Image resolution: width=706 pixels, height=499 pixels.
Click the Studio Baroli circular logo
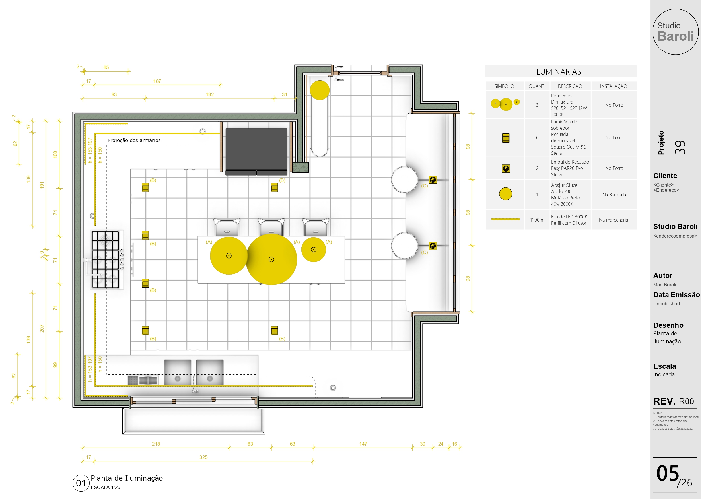pos(675,32)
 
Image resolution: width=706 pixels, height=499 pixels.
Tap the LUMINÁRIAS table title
pos(558,72)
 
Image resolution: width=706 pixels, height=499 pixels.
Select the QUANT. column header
pos(537,86)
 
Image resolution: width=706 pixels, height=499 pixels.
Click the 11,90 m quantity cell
pos(537,220)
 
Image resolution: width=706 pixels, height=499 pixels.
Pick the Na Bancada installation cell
pos(614,195)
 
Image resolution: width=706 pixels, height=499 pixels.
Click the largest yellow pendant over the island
pos(271,259)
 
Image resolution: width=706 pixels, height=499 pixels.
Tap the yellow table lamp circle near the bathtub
pos(320,90)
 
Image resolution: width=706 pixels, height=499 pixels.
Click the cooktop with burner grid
pos(105,260)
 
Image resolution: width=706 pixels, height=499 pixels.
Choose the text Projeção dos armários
pos(134,140)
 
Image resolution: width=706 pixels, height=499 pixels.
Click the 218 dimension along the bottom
pos(156,444)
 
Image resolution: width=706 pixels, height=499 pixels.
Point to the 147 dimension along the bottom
pos(363,444)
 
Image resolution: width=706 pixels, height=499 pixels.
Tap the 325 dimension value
pos(203,457)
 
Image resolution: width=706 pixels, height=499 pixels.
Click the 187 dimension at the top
pos(157,81)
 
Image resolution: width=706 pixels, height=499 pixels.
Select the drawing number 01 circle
pos(81,483)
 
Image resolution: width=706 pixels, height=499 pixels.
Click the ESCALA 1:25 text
pos(105,487)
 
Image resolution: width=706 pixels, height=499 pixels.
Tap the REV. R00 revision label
pos(673,401)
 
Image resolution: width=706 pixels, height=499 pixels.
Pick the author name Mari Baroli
pos(664,285)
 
